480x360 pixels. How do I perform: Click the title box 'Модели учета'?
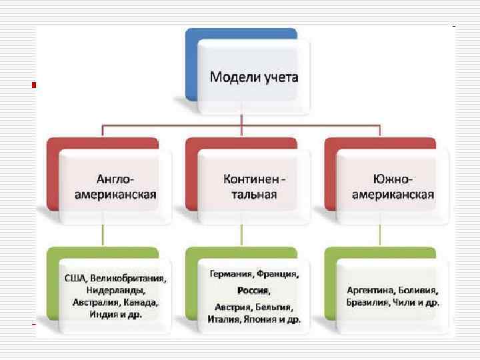[x=254, y=77]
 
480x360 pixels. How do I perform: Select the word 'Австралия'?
[x=94, y=301]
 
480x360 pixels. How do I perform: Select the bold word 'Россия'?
[x=253, y=291]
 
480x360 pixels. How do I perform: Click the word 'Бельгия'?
[x=275, y=307]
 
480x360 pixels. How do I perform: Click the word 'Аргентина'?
[x=369, y=291]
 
